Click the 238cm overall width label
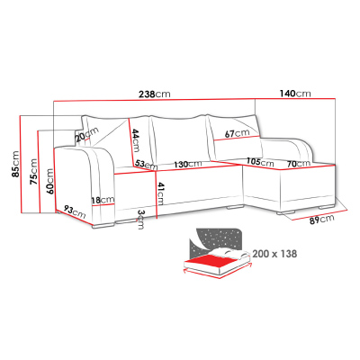[155, 94]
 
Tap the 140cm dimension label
[295, 94]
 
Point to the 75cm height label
[33, 172]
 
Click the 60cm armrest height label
[49, 181]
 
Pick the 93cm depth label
[75, 211]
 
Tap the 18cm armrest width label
[103, 200]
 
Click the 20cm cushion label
[87, 135]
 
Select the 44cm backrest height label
[136, 140]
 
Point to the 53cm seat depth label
[146, 164]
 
